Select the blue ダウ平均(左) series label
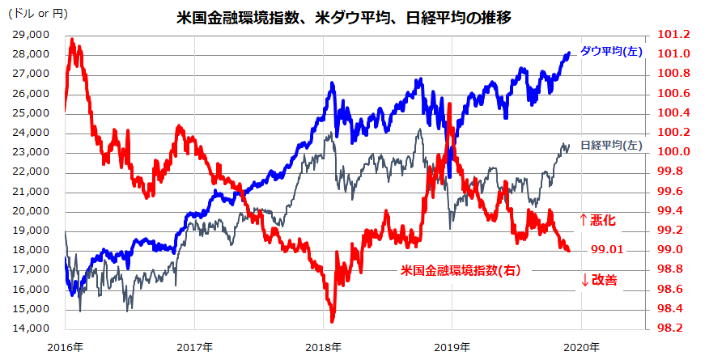[x=611, y=51]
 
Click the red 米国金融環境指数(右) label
[x=461, y=270]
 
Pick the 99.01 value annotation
[x=606, y=250]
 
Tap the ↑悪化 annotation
[x=598, y=219]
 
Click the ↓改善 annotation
[x=598, y=280]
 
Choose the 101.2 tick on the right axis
[x=675, y=35]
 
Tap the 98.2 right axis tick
[x=675, y=328]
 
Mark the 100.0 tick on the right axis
[x=675, y=152]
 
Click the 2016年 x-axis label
[x=66, y=347]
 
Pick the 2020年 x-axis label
[x=581, y=347]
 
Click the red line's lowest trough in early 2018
[x=332, y=320]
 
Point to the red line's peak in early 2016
[x=72, y=40]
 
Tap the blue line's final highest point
[x=568, y=53]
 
